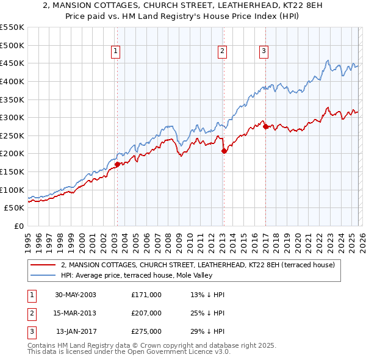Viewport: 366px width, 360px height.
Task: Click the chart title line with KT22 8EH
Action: coord(183,7)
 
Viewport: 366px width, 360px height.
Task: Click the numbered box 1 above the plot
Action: coord(116,52)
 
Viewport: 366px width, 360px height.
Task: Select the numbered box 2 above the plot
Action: coord(222,52)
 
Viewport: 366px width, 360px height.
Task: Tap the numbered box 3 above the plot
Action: coord(264,52)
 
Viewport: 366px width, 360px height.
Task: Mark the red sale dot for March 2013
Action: coord(223,151)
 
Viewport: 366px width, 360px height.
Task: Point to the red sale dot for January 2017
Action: coord(265,126)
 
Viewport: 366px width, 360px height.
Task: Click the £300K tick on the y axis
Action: coord(12,117)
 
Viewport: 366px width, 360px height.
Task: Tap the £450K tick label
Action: coord(12,63)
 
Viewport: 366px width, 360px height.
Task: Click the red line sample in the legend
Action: coord(43,265)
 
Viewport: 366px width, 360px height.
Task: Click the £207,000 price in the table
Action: coord(146,313)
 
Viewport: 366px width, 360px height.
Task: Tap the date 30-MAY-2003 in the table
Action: coord(75,295)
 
